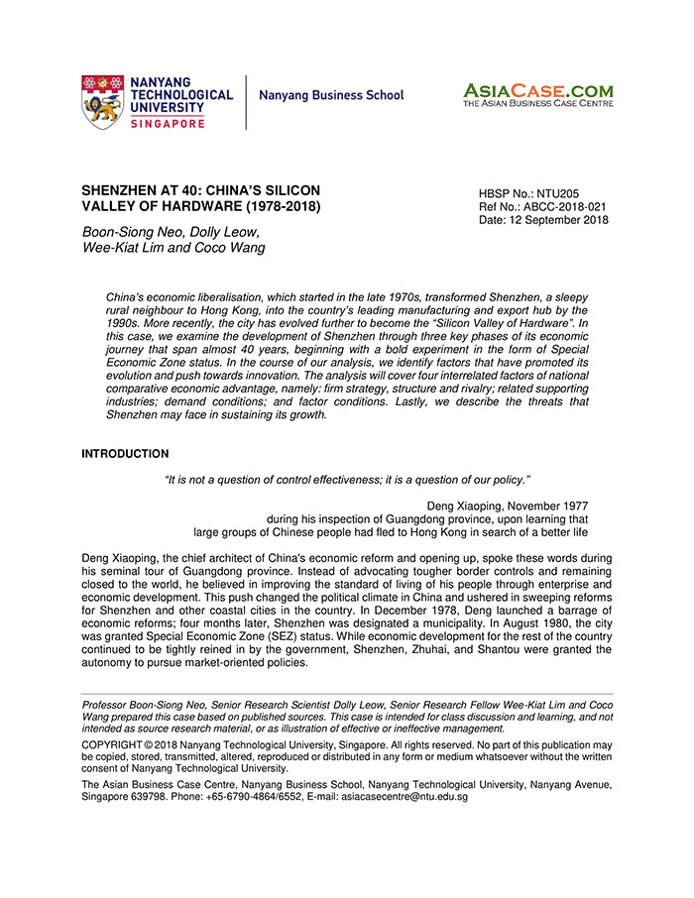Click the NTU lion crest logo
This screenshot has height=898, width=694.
[103, 101]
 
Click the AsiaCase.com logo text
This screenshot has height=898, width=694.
[537, 90]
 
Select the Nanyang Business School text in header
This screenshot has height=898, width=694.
[331, 96]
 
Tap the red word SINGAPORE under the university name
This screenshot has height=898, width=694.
[168, 123]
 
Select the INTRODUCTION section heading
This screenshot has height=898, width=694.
[125, 454]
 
